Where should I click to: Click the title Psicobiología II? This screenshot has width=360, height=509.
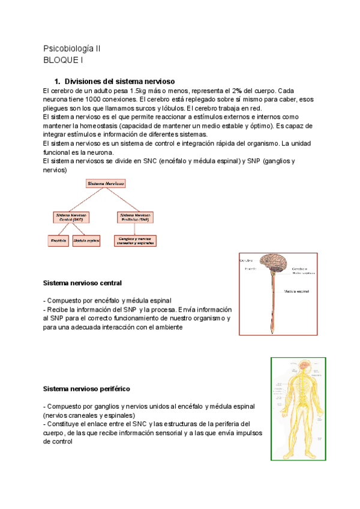click(72, 48)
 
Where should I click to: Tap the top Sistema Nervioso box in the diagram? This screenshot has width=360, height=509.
click(106, 183)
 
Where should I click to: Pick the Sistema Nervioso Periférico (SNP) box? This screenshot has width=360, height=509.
click(135, 217)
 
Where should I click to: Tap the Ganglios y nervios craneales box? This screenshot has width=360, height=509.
click(136, 241)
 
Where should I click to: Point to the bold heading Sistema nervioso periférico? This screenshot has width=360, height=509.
click(87, 389)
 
